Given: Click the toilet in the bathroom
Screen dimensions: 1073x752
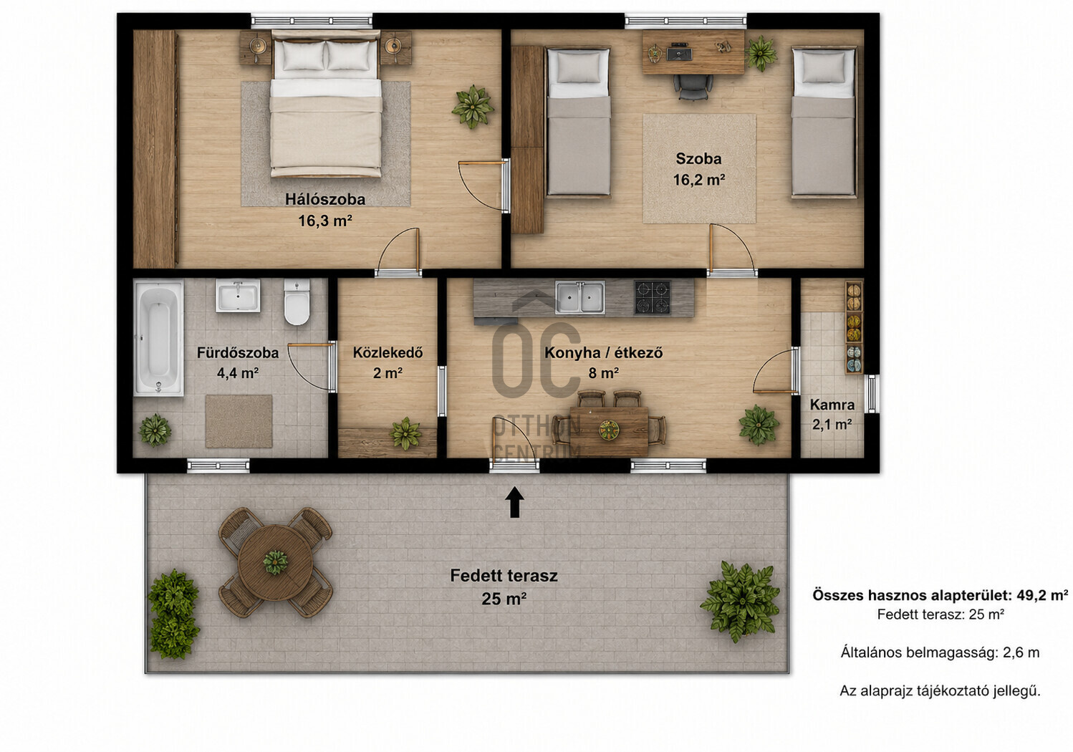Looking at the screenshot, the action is point(297,302).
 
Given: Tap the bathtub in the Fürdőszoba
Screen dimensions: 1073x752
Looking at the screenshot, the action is point(158,338).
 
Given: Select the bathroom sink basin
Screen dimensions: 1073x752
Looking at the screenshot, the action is point(238,296).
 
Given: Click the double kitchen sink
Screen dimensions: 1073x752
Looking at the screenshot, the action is point(579,297).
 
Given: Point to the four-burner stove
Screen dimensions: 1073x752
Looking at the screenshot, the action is point(653,297).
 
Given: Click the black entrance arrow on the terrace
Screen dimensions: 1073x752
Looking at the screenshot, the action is point(514,502).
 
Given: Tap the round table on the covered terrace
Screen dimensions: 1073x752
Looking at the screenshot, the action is point(275,563).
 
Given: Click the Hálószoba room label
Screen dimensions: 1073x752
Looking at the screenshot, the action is point(325,199).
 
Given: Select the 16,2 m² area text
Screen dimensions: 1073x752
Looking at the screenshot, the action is point(699,180).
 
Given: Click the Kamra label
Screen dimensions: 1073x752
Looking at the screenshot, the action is point(832,405).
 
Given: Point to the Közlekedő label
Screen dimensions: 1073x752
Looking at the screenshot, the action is point(388,352).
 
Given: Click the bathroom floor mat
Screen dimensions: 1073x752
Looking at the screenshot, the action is point(239,422).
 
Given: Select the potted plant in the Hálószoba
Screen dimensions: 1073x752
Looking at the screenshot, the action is point(473,107).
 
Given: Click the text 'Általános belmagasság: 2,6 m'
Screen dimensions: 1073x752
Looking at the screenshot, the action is point(940,653).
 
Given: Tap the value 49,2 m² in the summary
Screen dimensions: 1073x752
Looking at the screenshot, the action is point(1042,595).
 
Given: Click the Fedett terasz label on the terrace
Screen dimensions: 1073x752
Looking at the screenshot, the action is point(504,575).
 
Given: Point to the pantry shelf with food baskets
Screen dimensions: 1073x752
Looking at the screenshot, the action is point(854,327).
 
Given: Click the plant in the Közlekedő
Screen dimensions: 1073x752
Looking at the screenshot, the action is point(405,433).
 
